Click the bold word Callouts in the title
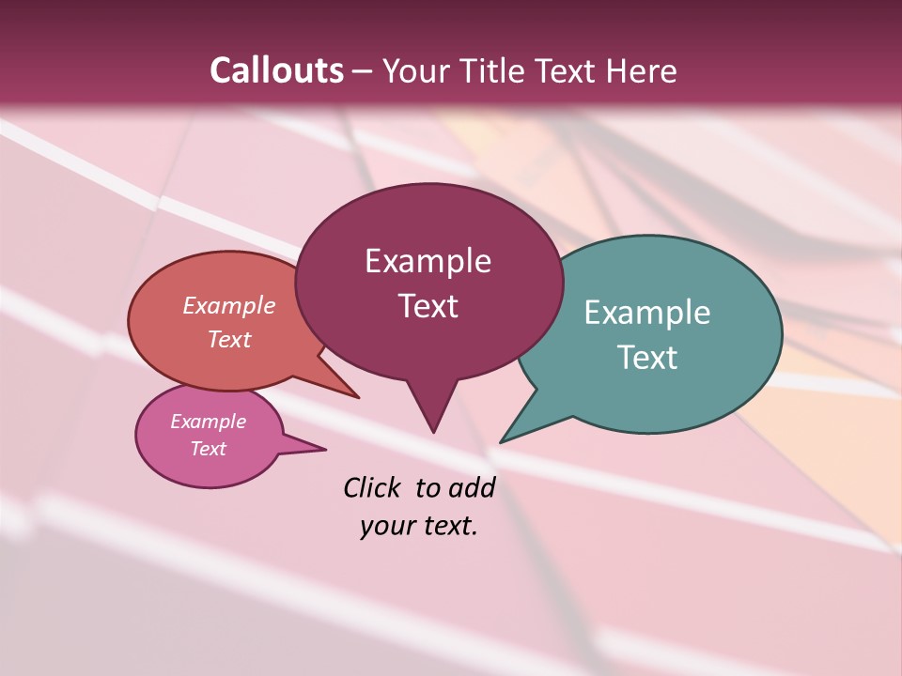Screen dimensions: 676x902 coord(276,70)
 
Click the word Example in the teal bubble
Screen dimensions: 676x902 coord(647,313)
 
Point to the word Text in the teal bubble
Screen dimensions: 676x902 coord(647,358)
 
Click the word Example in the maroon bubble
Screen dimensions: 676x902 coord(428,261)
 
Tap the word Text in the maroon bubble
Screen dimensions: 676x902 coord(428,306)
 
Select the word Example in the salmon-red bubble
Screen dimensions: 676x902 coord(228,306)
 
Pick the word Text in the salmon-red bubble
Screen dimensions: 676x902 coord(228,339)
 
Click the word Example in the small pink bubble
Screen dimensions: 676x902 coord(208,422)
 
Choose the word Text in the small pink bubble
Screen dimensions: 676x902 coord(208,449)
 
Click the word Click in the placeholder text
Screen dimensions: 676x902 coord(374,487)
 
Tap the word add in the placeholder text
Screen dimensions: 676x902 coord(472,487)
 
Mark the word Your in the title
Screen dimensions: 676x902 coord(415,70)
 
